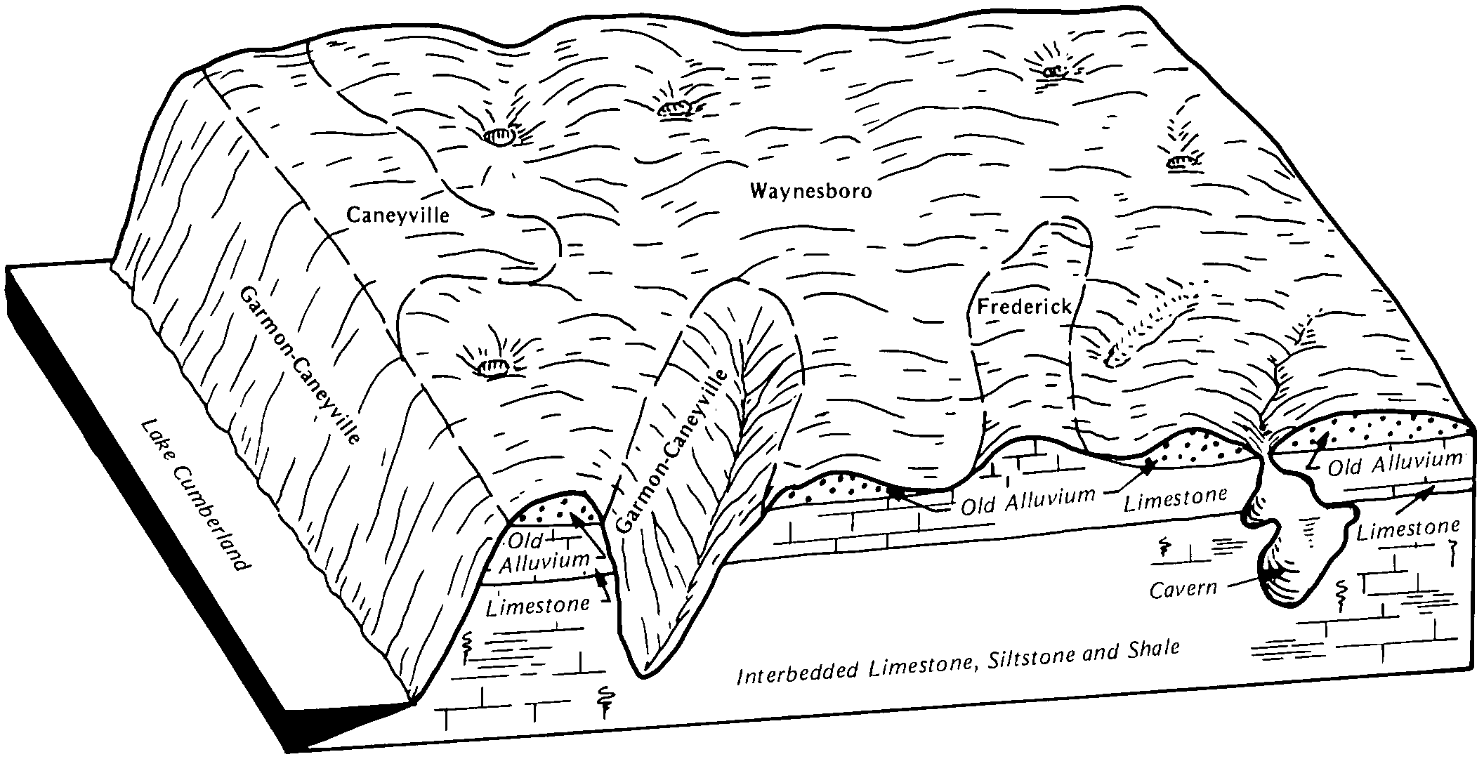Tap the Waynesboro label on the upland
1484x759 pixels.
point(810,191)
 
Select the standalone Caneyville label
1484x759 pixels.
point(398,214)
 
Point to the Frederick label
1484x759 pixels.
point(1025,306)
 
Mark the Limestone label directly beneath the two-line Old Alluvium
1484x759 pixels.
point(538,605)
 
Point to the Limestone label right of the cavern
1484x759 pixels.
point(1408,528)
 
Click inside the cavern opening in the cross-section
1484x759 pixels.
point(1299,555)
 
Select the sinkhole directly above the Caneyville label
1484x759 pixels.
point(499,138)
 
